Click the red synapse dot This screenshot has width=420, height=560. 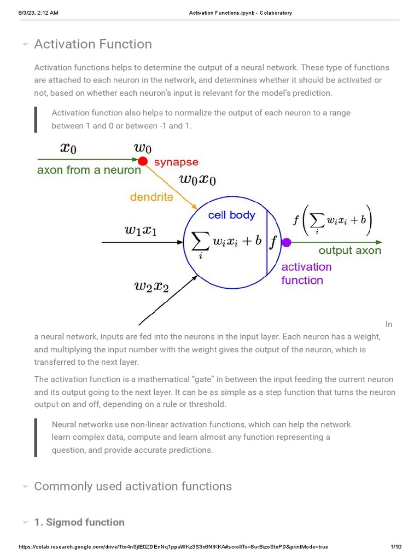point(143,161)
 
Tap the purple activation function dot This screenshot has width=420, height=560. point(286,242)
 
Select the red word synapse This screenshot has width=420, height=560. point(176,162)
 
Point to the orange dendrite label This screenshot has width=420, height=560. point(151,197)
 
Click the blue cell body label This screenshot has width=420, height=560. point(231,215)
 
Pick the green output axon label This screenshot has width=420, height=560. point(350,250)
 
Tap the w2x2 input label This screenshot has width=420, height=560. point(151,285)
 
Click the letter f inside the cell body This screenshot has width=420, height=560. point(274,241)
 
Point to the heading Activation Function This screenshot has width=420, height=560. point(93,44)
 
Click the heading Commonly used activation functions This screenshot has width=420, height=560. point(133,486)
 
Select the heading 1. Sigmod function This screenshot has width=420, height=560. point(79,522)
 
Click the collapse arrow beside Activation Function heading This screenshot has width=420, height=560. point(25,44)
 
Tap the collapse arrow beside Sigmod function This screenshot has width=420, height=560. point(25,523)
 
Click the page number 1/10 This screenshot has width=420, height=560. point(396,547)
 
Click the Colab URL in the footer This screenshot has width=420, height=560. point(173,547)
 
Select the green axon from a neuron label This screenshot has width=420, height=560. point(89,170)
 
